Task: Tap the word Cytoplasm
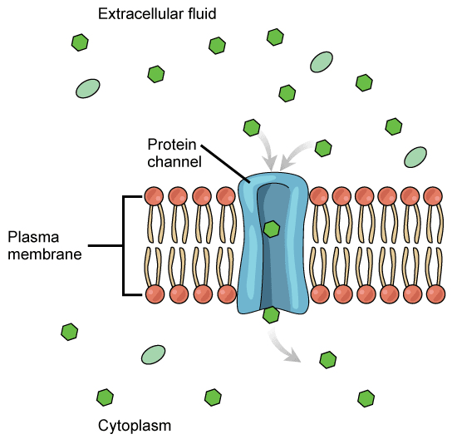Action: [x=135, y=426]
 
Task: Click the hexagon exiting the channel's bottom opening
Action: [x=271, y=314]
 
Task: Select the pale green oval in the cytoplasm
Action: [x=153, y=355]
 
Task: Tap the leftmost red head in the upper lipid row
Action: [x=154, y=196]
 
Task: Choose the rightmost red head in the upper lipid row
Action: [x=433, y=196]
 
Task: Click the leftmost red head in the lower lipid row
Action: [x=154, y=294]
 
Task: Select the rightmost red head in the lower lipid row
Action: [x=433, y=294]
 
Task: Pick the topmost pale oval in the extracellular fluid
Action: [x=322, y=62]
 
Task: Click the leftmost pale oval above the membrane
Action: [x=87, y=89]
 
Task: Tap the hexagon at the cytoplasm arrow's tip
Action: [x=328, y=360]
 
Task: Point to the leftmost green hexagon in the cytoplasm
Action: [x=70, y=333]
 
